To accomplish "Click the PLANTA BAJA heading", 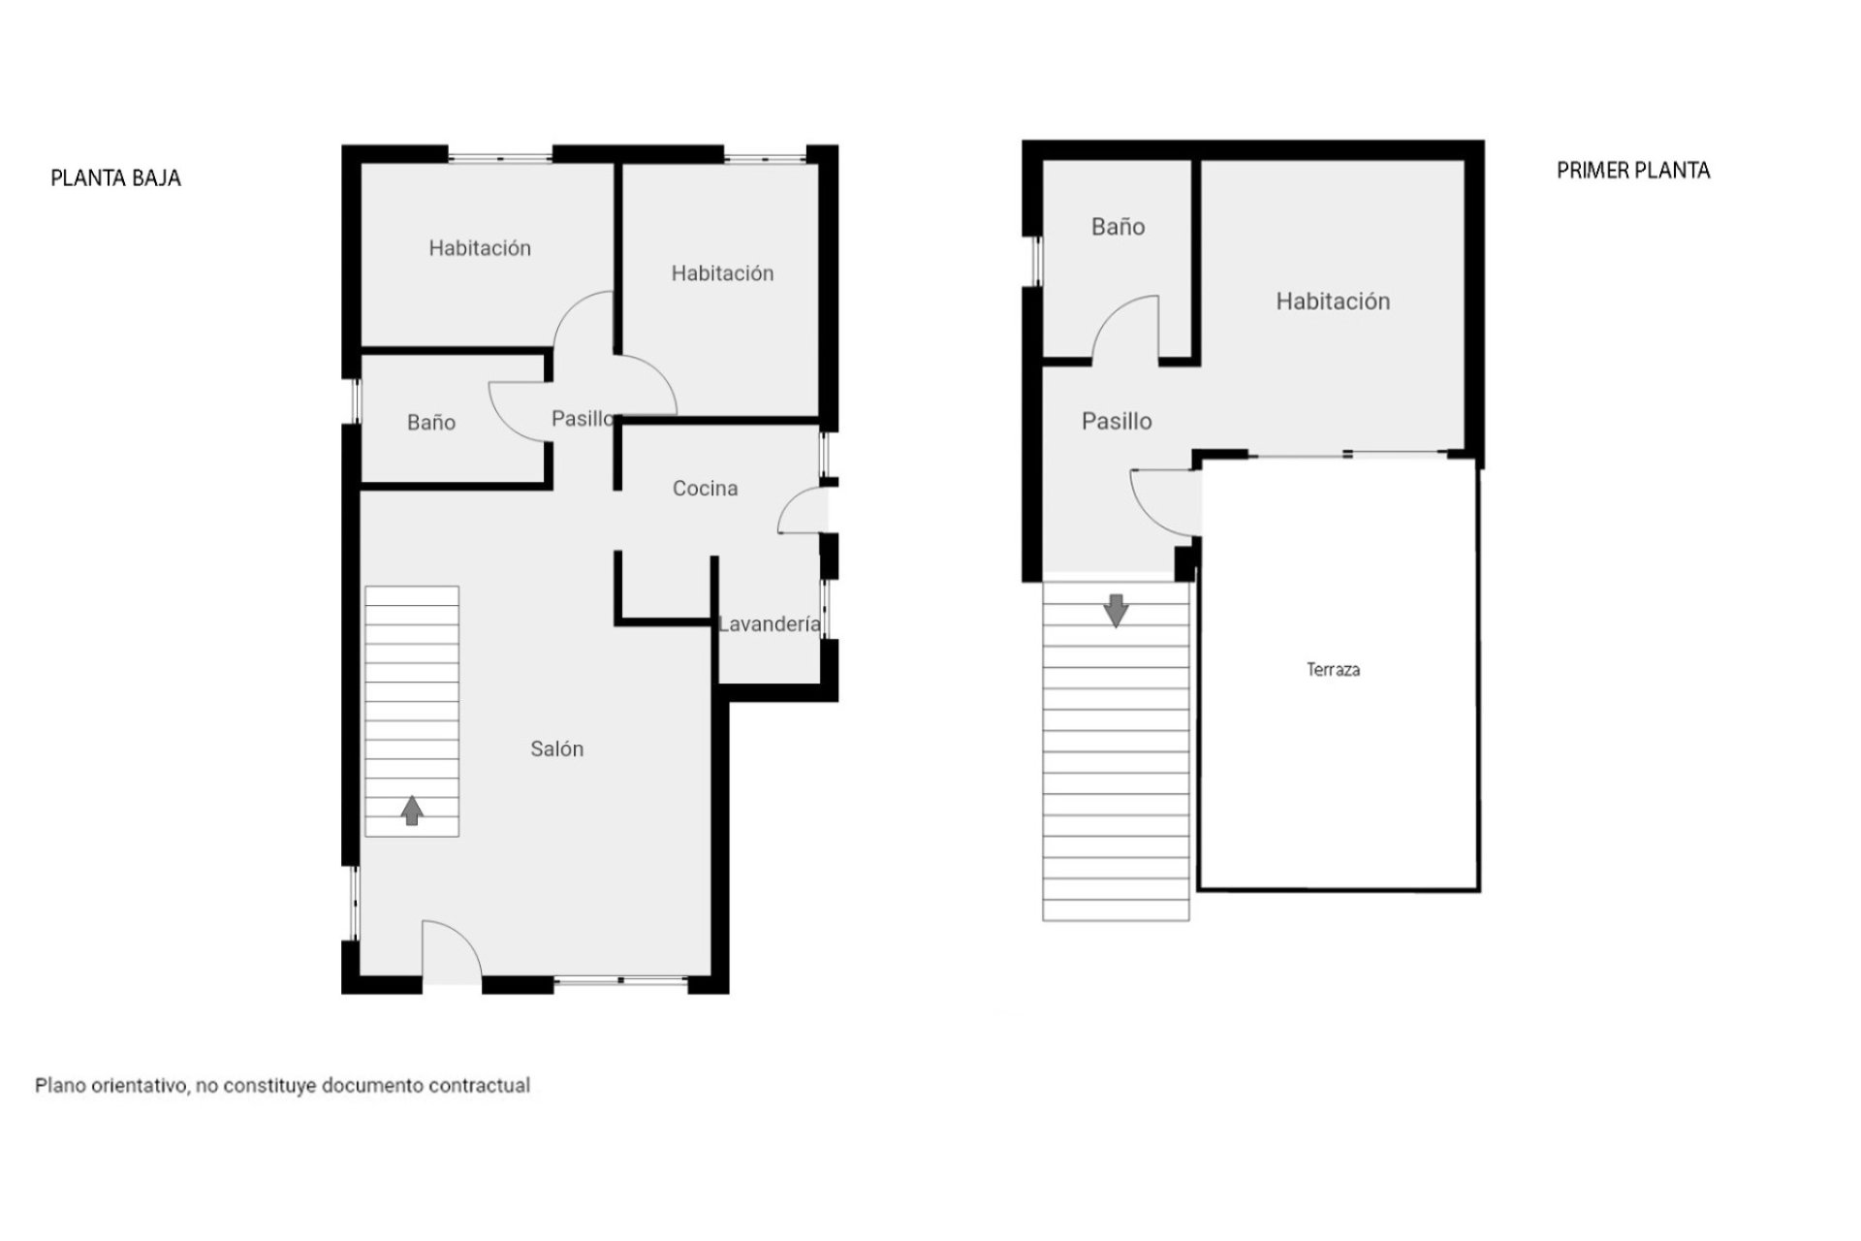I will coord(115,178).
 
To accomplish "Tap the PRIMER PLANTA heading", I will coord(1632,171).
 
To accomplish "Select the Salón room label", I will coord(556,748).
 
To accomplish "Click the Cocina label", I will coord(705,489).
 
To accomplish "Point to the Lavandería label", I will coord(769,624).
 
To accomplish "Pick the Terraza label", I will coord(1333,669).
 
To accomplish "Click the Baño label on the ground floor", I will coord(431,423).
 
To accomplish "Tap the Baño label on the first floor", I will coord(1118,227).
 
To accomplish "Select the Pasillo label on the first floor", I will coord(1117,421).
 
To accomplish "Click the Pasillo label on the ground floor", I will coord(583,419).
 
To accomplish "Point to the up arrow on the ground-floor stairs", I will coord(412,810).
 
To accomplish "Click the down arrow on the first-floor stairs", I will coord(1116,610).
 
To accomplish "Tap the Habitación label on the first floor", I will coord(1333,302).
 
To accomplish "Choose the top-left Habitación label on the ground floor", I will coord(480,248).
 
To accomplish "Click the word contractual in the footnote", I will coord(480,1086).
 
